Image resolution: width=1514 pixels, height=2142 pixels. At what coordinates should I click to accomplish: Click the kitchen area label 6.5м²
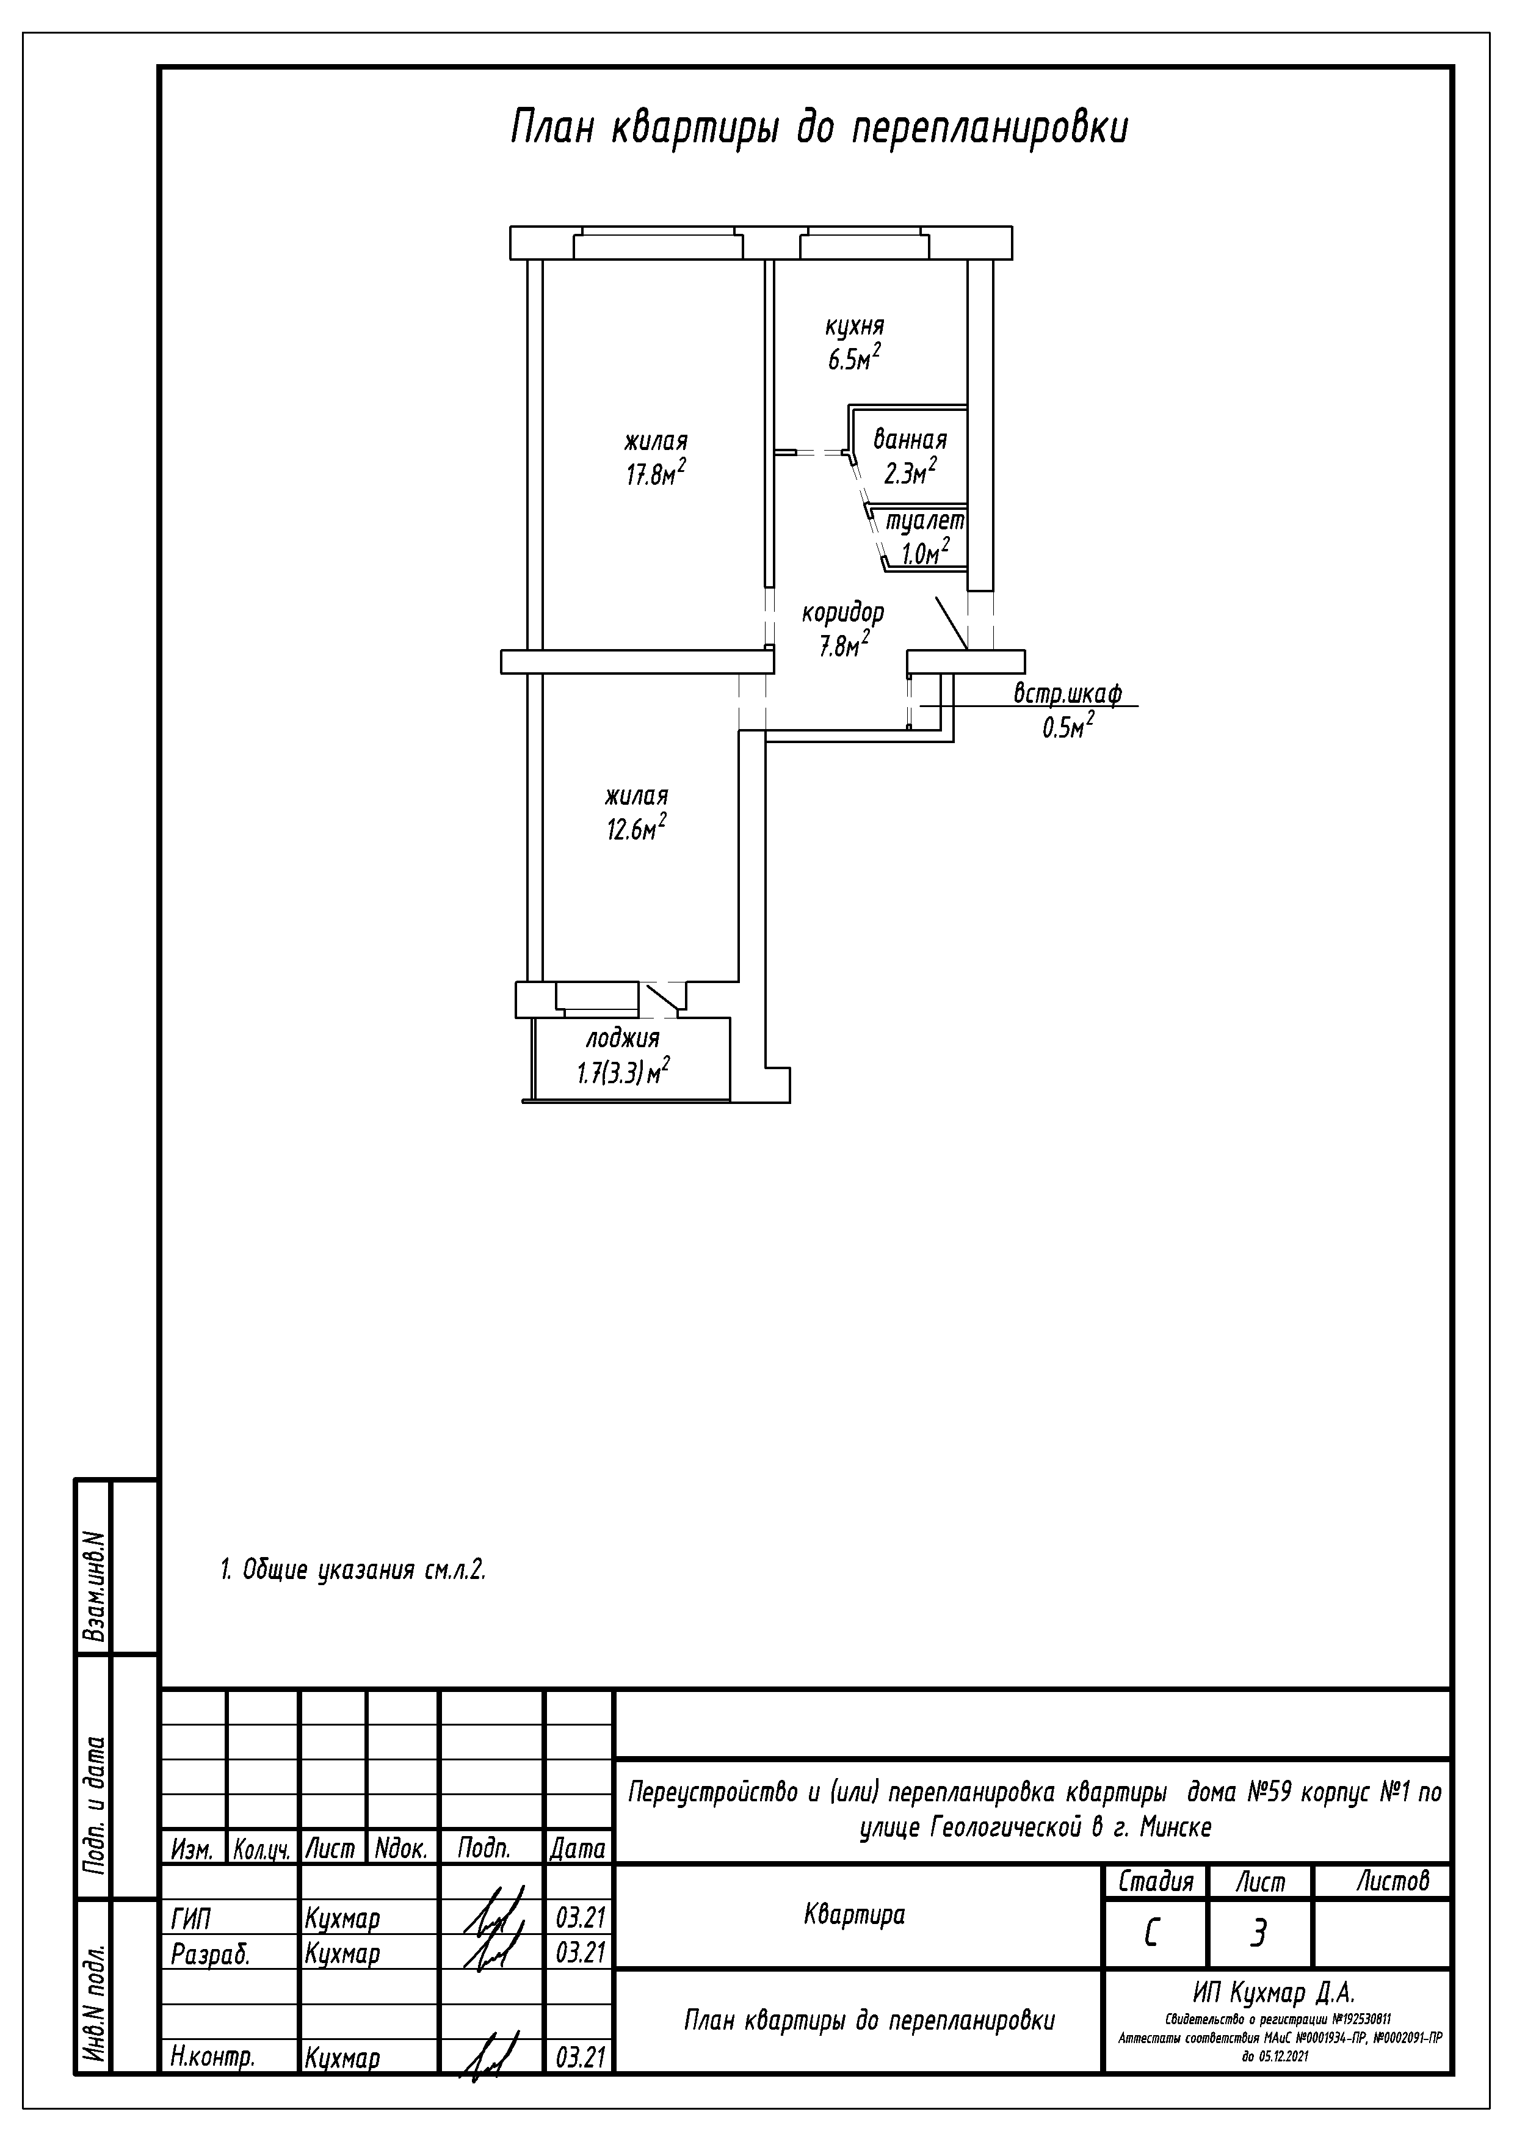click(853, 359)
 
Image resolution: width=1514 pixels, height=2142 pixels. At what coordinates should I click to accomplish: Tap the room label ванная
click(910, 440)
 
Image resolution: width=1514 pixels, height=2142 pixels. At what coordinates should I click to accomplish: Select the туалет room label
click(924, 521)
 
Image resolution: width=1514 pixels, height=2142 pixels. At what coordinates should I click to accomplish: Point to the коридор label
click(843, 613)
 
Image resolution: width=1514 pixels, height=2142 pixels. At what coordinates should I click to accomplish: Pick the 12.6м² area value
click(636, 829)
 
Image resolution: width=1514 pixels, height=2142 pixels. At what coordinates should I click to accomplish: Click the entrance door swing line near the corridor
click(951, 622)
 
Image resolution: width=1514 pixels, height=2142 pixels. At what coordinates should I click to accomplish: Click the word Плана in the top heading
click(553, 128)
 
